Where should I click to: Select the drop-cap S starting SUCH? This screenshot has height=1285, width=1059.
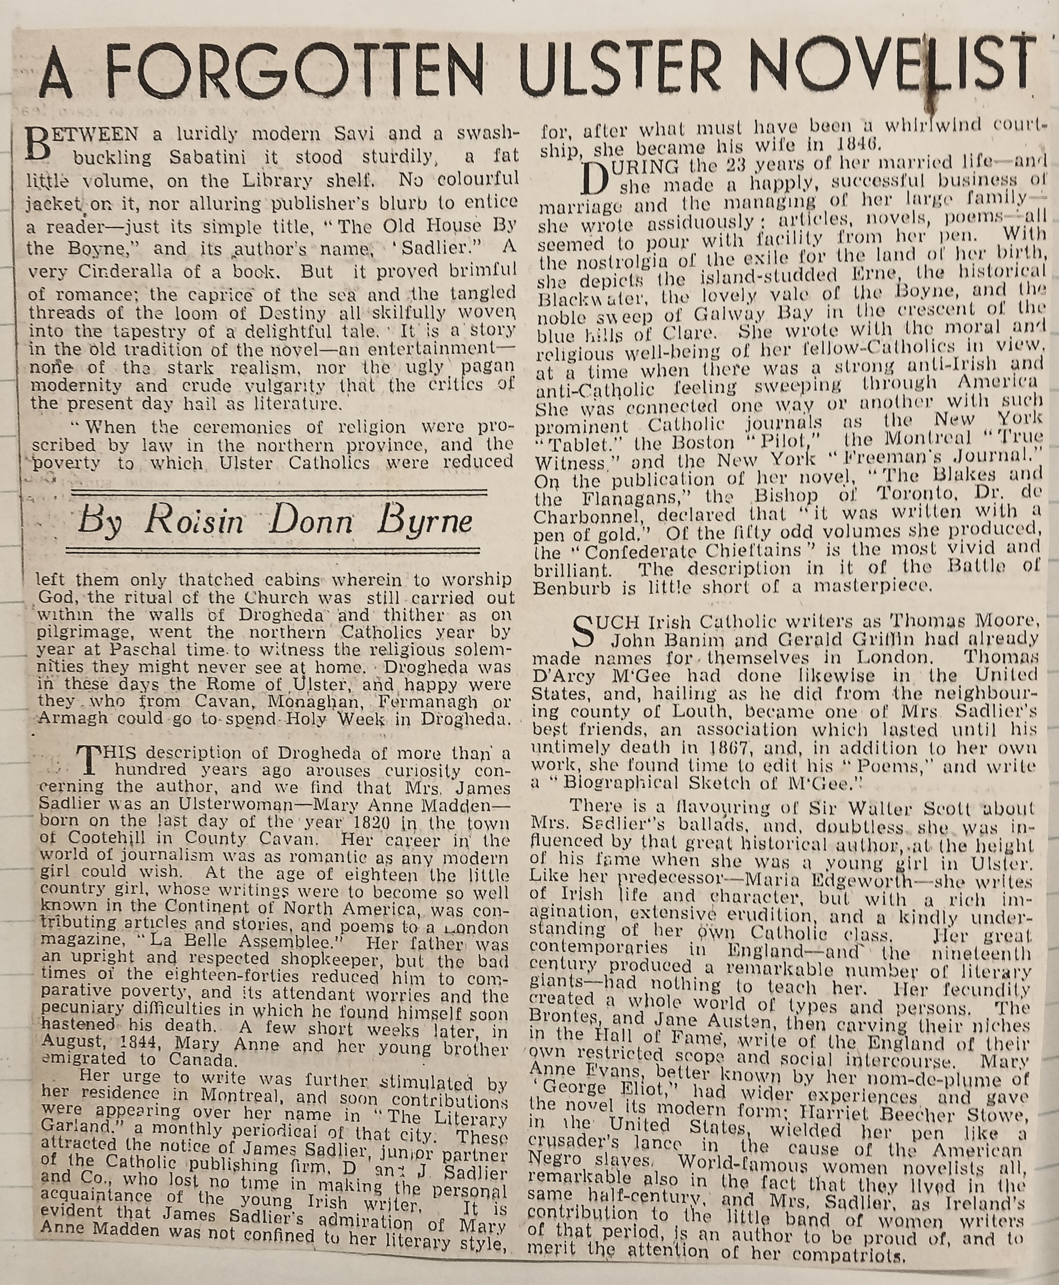586,630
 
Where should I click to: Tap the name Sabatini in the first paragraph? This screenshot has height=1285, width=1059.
208,157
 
